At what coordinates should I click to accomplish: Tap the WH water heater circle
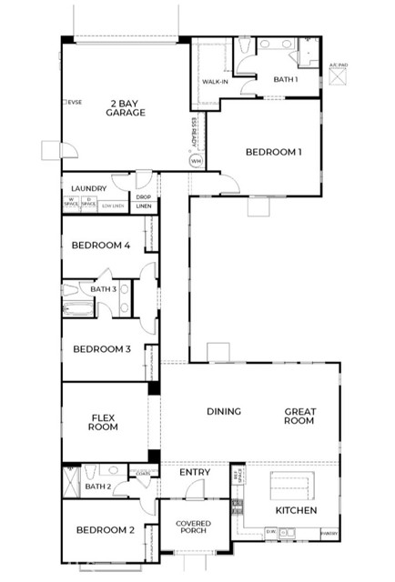coord(196,161)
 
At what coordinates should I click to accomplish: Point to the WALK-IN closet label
coord(215,82)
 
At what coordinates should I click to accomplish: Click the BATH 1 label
coord(285,80)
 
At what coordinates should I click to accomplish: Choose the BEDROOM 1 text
coord(273,152)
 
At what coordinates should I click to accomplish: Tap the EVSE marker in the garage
coord(73,102)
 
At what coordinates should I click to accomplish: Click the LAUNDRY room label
coord(88,189)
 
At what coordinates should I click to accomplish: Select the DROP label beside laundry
coord(143,196)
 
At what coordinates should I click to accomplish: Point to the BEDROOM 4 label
coord(101,246)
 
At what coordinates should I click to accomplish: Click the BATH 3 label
coord(103,289)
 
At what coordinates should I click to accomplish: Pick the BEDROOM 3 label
coord(102,348)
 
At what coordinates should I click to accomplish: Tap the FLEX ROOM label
coord(103,421)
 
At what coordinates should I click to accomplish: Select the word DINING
coord(223,412)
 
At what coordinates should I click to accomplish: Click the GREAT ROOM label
coord(299,416)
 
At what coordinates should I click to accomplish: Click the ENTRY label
coord(195,473)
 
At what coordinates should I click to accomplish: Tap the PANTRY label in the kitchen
coord(329,534)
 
